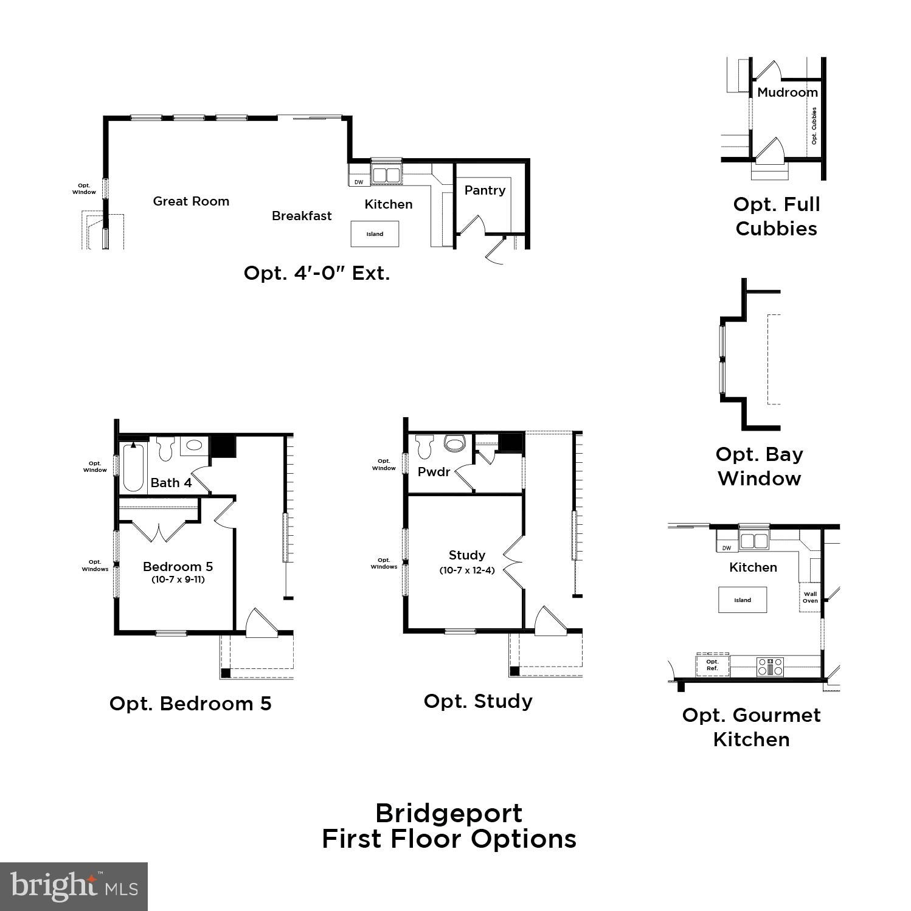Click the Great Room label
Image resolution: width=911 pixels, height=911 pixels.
(x=191, y=201)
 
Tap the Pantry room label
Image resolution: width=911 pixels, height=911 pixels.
(x=485, y=190)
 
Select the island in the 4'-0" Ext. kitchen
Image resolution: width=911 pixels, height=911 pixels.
(x=375, y=234)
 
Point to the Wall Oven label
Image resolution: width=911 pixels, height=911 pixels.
(x=810, y=598)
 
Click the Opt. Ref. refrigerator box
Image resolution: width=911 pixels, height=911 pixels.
(x=712, y=665)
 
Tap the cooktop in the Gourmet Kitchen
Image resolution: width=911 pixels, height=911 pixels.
(x=770, y=667)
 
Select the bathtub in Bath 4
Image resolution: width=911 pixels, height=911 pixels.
(x=133, y=467)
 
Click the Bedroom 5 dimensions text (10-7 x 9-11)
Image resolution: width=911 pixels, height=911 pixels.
(x=178, y=580)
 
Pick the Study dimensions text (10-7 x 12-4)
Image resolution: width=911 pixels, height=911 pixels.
(x=467, y=570)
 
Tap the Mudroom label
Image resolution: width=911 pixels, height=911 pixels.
(x=788, y=92)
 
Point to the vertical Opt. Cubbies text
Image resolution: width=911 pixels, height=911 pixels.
(x=814, y=126)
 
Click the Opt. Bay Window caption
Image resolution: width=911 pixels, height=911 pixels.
(x=760, y=466)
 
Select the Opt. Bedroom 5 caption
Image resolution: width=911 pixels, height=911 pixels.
(x=190, y=704)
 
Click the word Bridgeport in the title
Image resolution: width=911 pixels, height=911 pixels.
(x=449, y=813)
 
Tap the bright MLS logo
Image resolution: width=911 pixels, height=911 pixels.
(x=74, y=886)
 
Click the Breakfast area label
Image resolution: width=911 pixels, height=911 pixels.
(x=302, y=216)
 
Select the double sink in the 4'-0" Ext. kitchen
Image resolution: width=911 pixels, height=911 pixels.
(x=386, y=175)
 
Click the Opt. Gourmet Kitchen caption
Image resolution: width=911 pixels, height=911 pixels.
(x=752, y=727)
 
